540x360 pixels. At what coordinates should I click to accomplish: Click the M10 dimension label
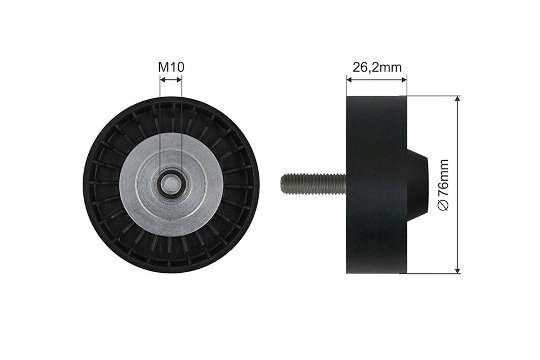click(171, 67)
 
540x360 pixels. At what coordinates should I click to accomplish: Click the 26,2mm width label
click(377, 67)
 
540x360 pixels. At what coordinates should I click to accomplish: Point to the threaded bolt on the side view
click(314, 184)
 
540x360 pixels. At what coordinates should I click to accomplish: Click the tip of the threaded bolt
click(282, 184)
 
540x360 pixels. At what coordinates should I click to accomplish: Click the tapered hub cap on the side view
click(417, 184)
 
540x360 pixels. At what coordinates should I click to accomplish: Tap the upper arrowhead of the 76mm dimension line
click(457, 99)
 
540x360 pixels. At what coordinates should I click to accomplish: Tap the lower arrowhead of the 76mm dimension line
click(457, 271)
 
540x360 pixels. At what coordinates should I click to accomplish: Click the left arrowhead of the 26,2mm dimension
click(349, 80)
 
